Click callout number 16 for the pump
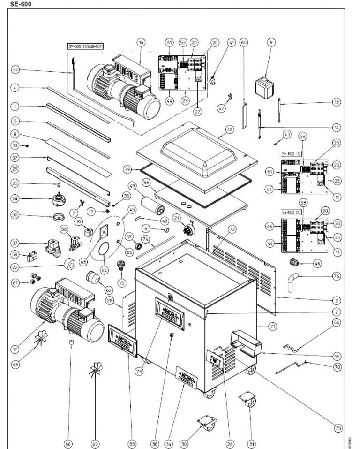point(141,42)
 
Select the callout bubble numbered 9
point(270,42)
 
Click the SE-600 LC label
point(291,153)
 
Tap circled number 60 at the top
point(243,42)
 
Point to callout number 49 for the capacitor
point(132,186)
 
